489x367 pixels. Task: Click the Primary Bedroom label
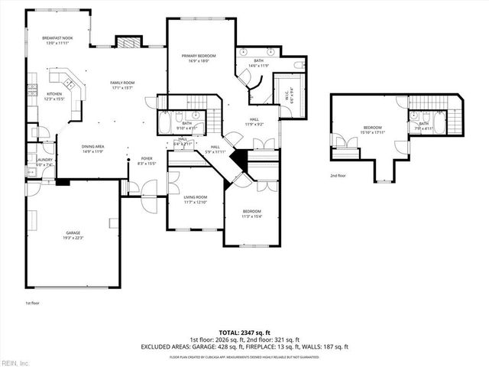[x=199, y=56]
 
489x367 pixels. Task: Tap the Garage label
[x=73, y=232]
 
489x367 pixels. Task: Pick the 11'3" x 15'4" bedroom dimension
[x=251, y=216]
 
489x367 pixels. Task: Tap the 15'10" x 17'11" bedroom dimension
[x=373, y=132]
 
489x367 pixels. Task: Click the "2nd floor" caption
[x=338, y=175]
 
